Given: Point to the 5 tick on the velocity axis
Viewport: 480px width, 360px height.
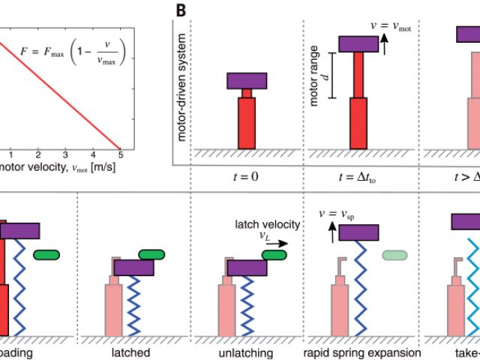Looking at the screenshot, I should (x=119, y=154).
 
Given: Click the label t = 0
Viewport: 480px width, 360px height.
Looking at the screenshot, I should (x=247, y=177).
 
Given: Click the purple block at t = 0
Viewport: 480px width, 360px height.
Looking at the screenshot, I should (x=247, y=80).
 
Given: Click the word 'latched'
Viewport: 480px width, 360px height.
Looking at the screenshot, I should (x=135, y=352).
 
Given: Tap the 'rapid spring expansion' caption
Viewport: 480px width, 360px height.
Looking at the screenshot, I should (x=361, y=352).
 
